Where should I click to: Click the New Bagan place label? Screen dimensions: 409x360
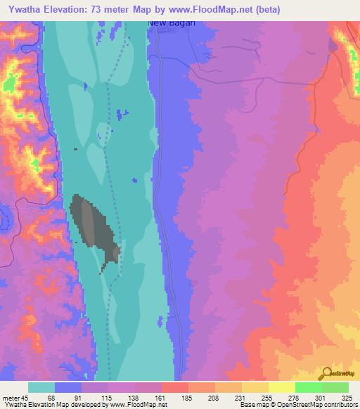pyautogui.click(x=170, y=22)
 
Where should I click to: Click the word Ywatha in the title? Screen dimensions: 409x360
pyautogui.click(x=22, y=9)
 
